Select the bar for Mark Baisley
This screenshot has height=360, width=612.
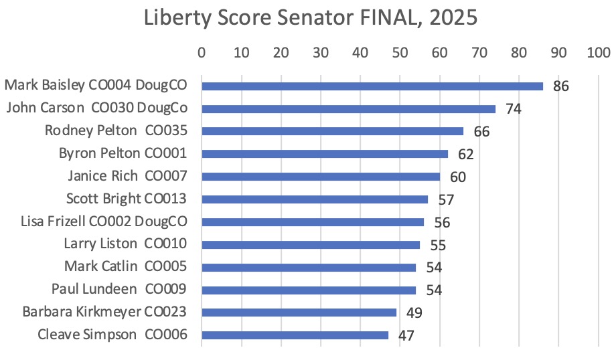click(x=372, y=86)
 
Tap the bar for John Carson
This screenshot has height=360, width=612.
click(x=348, y=108)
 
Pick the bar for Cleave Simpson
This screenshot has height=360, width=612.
click(x=295, y=335)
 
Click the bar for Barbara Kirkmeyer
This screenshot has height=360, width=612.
click(x=299, y=312)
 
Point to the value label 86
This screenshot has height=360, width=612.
click(x=560, y=86)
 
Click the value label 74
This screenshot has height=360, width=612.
click(x=513, y=109)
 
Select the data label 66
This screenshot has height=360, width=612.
click(x=481, y=132)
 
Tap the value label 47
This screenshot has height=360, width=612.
click(x=406, y=336)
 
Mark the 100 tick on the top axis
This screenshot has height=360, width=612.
click(x=598, y=53)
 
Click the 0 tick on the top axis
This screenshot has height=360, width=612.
click(x=202, y=53)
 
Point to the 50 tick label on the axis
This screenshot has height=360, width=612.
click(x=400, y=53)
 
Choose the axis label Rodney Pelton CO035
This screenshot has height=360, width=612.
click(x=115, y=130)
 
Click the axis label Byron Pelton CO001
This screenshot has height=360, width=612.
click(x=123, y=153)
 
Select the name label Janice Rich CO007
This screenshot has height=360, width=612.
click(x=127, y=176)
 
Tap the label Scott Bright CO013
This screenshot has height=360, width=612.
click(x=126, y=199)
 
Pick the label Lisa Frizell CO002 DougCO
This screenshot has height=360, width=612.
click(x=103, y=221)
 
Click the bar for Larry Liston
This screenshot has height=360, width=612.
click(x=311, y=245)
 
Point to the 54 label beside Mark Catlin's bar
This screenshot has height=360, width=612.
click(x=434, y=268)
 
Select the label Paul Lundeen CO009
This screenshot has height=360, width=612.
click(x=119, y=289)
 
